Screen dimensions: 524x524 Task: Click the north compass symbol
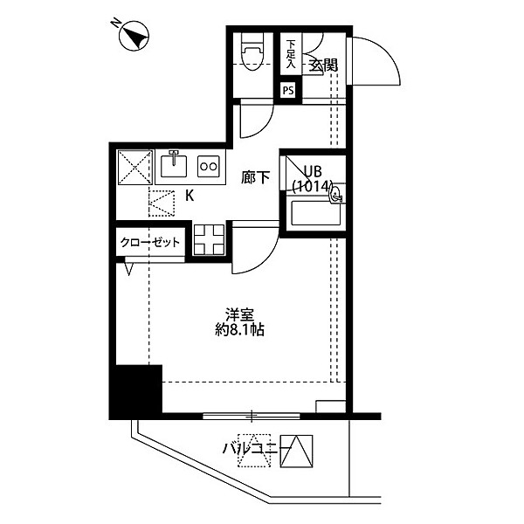(134, 37)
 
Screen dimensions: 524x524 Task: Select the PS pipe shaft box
(288, 90)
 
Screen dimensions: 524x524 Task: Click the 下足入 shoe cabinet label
(291, 54)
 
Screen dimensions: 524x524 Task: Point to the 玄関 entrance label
(322, 65)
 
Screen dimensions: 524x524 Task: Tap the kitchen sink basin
(174, 166)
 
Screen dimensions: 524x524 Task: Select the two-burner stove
(209, 166)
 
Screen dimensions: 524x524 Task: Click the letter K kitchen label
(190, 196)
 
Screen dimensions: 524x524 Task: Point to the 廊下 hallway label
(256, 177)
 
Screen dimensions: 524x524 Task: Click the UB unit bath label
(313, 171)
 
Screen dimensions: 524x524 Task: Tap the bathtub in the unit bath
(316, 212)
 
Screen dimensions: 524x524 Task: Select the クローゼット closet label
(150, 242)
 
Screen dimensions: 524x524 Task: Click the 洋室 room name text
(239, 314)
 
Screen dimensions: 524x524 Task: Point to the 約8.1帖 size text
(239, 330)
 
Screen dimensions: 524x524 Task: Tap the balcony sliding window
(252, 416)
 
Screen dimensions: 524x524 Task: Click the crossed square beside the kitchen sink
(134, 167)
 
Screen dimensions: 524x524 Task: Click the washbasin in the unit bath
(336, 195)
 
